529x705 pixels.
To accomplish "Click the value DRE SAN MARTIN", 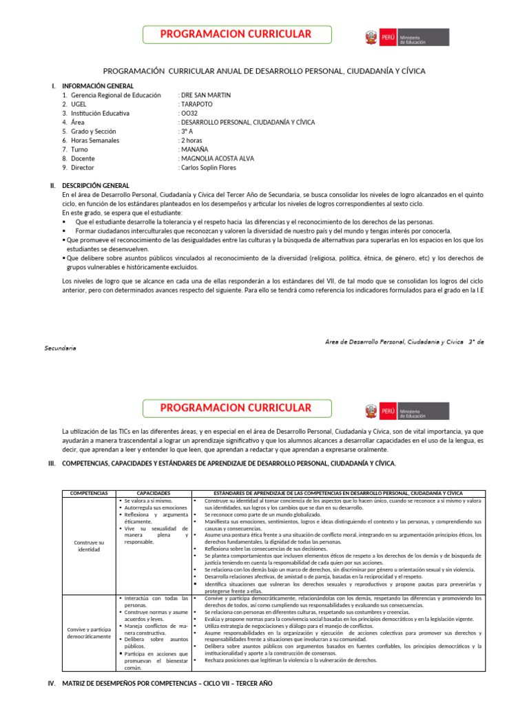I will (205, 95).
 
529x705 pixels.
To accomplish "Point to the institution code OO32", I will (189, 113).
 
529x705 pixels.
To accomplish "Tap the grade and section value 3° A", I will (187, 131).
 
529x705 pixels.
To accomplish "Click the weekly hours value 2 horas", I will (193, 140).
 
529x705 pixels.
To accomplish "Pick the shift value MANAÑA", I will (194, 149).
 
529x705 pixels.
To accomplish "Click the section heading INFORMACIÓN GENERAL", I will (98, 86).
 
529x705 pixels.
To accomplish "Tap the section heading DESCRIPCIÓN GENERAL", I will (95, 186).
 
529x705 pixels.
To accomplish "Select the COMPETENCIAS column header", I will (89, 494).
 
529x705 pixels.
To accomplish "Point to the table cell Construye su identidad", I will (90, 546).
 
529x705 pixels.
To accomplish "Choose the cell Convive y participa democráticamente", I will (90, 633).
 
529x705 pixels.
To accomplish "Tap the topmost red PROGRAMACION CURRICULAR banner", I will (236, 34).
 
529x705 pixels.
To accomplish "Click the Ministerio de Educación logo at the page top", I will (406, 38).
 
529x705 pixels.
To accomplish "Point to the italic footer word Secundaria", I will (61, 348).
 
